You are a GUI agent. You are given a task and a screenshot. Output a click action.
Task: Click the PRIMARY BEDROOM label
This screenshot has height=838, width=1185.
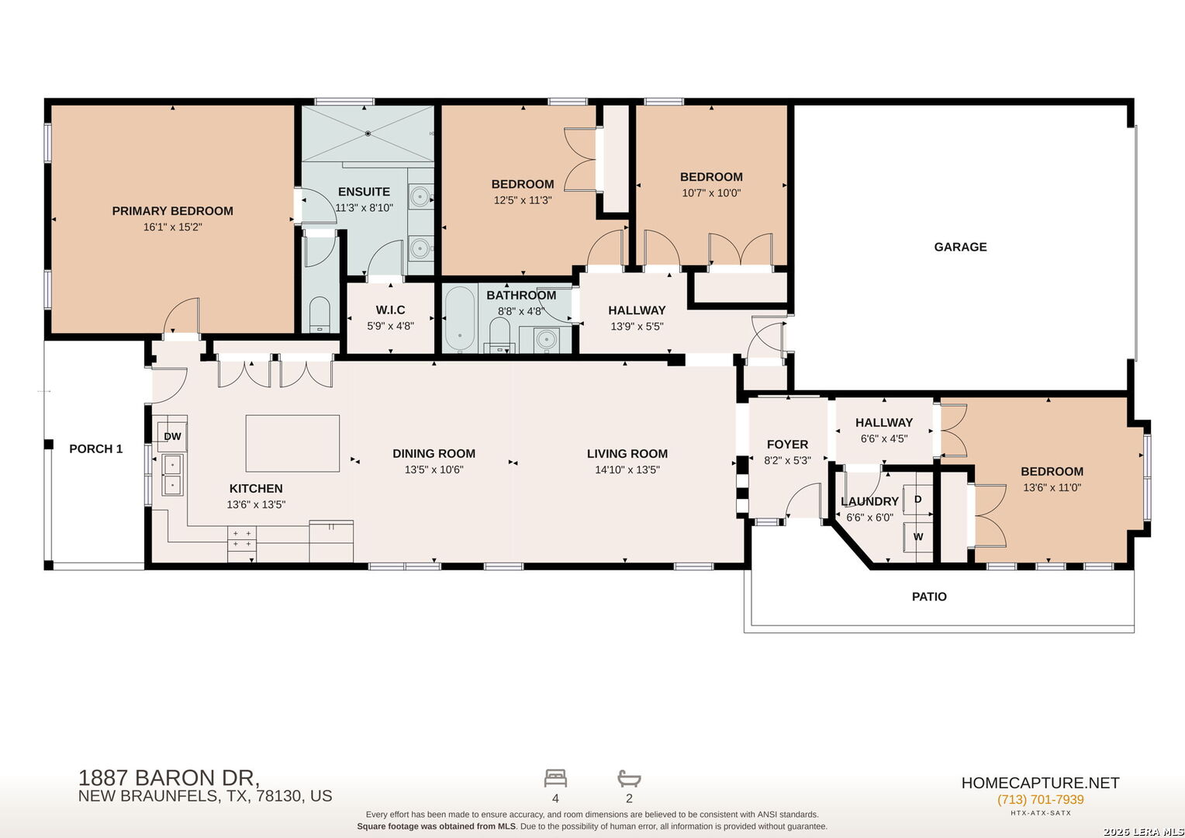coord(172,211)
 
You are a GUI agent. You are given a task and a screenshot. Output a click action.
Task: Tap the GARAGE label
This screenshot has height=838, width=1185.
coord(960,247)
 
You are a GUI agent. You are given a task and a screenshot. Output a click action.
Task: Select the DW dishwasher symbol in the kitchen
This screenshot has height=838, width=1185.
coord(172,436)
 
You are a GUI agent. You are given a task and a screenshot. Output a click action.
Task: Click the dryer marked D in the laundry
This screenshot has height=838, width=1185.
coord(918,499)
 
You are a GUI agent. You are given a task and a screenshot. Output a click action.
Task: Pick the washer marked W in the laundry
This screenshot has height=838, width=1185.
coord(918,537)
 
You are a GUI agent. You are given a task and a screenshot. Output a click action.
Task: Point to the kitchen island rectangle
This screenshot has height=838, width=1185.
coord(292,443)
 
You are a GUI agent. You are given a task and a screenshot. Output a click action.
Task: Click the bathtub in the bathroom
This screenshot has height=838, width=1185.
coord(460,318)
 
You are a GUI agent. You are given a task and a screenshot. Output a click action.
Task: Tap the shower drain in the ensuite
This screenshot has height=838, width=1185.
coord(368,133)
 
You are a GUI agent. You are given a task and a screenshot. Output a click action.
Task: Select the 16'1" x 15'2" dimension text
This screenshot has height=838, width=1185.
coord(172,227)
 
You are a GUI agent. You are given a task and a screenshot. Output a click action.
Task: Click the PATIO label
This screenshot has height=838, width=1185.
coord(929,597)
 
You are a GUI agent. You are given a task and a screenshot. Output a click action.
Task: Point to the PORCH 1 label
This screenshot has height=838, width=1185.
coord(95,449)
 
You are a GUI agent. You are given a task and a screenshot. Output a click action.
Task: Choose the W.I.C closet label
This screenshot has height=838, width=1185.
coord(390,310)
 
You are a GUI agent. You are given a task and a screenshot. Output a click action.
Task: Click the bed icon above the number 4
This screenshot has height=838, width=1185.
coord(555,778)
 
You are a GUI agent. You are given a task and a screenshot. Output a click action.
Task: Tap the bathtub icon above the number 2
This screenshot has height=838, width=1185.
coord(629,778)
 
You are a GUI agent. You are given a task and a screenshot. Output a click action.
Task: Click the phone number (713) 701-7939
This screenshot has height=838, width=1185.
coord(1040,799)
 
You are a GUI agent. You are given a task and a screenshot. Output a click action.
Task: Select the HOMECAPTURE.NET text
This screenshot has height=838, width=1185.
coord(1040,783)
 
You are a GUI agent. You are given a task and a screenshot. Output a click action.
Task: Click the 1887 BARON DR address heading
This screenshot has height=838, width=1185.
coord(169,777)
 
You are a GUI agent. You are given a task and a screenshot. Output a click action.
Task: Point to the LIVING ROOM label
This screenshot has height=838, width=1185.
coord(627,454)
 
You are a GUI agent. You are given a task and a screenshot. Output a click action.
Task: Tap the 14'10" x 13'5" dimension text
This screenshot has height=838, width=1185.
coord(627,469)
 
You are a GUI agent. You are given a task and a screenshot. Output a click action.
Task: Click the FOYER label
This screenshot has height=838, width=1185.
coord(787,445)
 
